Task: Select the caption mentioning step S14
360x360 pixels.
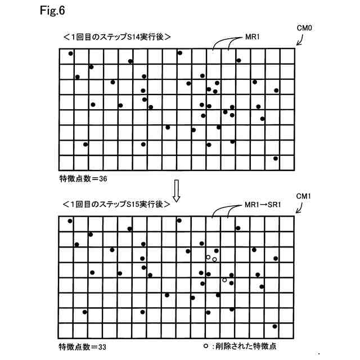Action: [116, 37]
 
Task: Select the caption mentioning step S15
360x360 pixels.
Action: [116, 204]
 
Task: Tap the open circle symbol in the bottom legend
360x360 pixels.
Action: [206, 345]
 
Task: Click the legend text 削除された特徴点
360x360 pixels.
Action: [247, 346]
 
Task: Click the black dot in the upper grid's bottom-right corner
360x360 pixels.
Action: [275, 158]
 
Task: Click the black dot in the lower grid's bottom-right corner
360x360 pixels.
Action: [274, 326]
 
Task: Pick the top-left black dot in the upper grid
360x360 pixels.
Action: [70, 53]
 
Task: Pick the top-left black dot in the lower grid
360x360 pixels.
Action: [70, 221]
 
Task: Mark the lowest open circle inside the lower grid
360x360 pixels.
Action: [224, 280]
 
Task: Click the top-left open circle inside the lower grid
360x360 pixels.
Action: [208, 257]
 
